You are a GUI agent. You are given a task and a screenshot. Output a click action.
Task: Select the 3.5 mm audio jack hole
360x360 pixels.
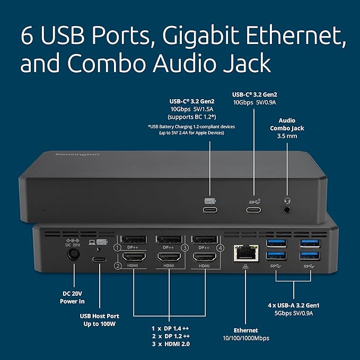point(288,209)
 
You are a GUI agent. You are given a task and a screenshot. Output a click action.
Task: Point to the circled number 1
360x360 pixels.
point(111,247)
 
